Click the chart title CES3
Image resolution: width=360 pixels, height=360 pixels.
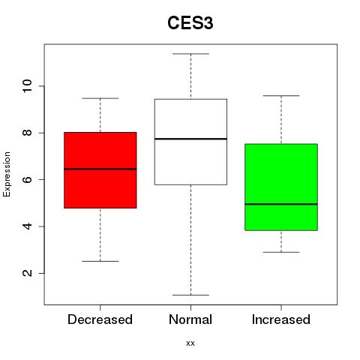190,23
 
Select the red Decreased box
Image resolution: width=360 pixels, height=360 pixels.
100,170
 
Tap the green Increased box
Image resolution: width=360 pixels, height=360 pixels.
281,187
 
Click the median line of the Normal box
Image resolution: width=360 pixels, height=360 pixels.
190,139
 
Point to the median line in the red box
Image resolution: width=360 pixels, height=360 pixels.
100,169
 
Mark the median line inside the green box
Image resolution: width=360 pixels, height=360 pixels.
281,204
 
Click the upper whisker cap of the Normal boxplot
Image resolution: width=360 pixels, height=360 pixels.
190,54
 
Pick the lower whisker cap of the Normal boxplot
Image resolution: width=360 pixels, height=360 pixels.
190,295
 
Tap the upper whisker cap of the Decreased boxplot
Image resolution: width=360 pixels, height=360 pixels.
100,98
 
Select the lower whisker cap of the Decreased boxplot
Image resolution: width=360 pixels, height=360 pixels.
100,261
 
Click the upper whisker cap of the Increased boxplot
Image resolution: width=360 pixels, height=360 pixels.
281,95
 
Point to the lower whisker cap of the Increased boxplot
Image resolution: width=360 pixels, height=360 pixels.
281,252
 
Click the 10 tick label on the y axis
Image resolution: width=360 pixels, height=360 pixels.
27,86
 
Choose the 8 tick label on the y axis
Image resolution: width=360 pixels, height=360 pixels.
27,133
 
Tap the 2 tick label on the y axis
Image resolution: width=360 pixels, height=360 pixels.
27,273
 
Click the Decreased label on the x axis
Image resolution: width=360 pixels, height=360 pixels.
100,319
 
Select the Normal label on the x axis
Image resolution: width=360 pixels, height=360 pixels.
190,319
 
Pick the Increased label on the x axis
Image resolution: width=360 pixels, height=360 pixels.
281,319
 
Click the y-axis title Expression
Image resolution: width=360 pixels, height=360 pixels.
7,174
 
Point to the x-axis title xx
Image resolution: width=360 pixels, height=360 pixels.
190,343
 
